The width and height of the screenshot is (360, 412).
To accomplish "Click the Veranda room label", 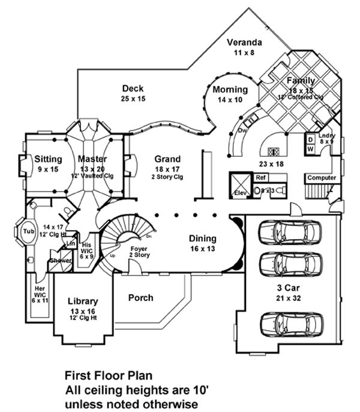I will (244, 43).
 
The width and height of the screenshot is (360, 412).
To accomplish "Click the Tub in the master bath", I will (28, 231).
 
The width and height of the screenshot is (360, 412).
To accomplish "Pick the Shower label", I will (61, 260).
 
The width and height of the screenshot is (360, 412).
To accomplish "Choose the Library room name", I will (83, 301).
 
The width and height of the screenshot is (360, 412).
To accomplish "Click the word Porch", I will (140, 297).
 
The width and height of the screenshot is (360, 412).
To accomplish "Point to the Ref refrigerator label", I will (260, 178).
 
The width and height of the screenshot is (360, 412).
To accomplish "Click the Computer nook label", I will (322, 178).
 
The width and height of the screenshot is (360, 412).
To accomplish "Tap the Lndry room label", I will (327, 136).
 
